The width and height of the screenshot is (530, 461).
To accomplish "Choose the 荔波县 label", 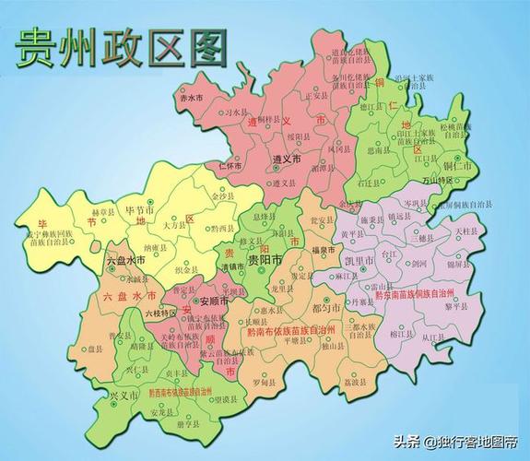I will tap(354, 383).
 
